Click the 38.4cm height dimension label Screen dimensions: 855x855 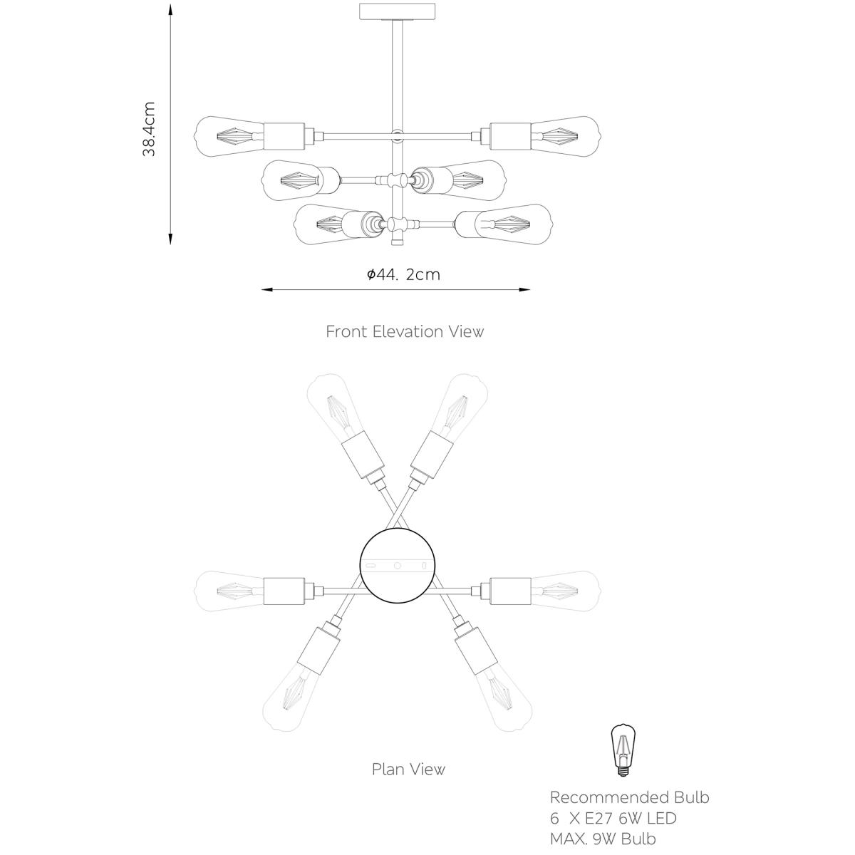click(149, 129)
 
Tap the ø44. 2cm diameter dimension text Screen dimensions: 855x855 click(404, 274)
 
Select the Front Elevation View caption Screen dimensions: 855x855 click(405, 332)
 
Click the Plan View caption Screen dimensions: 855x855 click(408, 769)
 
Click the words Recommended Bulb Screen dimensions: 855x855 click(629, 797)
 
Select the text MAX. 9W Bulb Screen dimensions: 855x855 click(603, 839)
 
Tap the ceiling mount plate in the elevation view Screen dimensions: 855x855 click(398, 12)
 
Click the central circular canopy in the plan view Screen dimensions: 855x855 click(398, 565)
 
